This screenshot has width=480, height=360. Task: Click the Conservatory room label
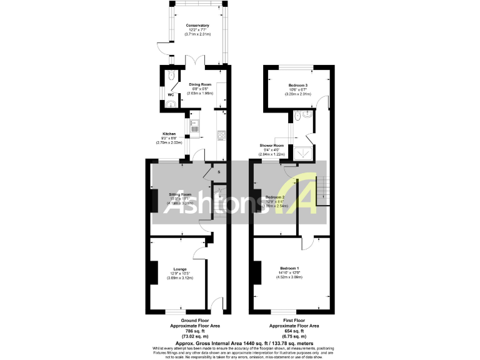pos(197,26)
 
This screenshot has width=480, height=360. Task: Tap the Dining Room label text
pos(201,84)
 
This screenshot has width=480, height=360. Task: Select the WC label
pos(170,95)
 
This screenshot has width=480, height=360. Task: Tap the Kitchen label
pos(169,134)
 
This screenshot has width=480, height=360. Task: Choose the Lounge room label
pos(180,269)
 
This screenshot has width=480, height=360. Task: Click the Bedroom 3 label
pos(298,85)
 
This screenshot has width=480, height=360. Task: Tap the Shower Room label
pos(272,146)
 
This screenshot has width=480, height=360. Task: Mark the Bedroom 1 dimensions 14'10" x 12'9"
pos(293,272)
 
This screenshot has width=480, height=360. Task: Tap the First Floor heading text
pos(294,321)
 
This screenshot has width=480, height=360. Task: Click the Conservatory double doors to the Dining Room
pos(197,61)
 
